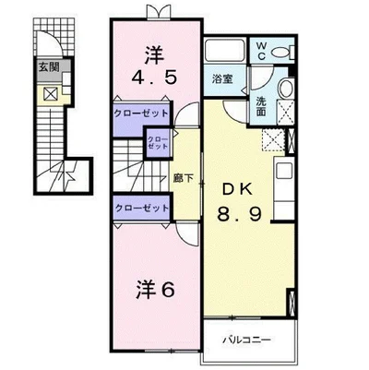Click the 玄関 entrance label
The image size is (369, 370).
click(x=49, y=67)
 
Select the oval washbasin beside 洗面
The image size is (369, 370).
click(x=283, y=90)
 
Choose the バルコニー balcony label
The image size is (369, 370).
click(x=245, y=340)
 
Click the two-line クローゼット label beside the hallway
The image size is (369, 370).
click(x=159, y=143)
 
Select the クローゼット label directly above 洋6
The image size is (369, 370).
click(x=141, y=208)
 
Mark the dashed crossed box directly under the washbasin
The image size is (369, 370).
click(x=275, y=140)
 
